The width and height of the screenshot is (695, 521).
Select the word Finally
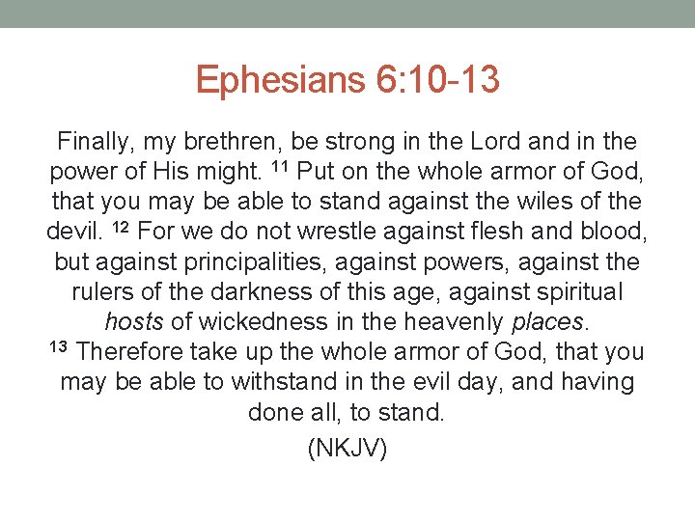pyautogui.click(x=94, y=142)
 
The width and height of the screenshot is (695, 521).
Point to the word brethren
pyautogui.click(x=236, y=142)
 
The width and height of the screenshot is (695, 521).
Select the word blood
pyautogui.click(x=612, y=233)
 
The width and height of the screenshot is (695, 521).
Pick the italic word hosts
pyautogui.click(x=134, y=322)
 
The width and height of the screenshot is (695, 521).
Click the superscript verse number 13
pyautogui.click(x=58, y=347)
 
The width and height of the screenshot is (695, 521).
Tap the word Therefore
pyautogui.click(x=129, y=352)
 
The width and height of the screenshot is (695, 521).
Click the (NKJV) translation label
pyautogui.click(x=347, y=449)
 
